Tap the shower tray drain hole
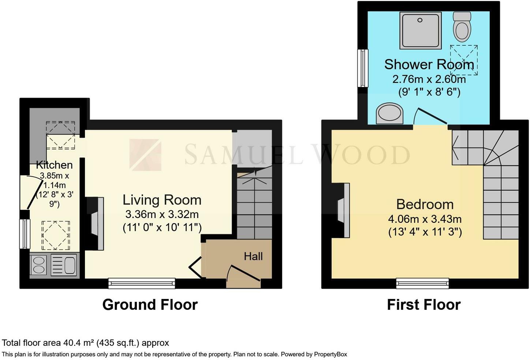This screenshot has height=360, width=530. click(420, 20)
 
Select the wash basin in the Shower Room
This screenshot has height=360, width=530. click(389, 113)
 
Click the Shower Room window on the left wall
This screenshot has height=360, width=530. click(363, 68)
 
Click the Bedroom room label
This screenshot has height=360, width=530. click(425, 205)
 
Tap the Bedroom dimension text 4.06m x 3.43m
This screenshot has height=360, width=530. click(425, 219)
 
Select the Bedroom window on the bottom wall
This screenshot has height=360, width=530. click(423, 283)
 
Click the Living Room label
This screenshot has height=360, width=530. click(162, 200)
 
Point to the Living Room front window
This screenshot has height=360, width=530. click(142, 283)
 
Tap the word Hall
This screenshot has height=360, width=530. click(253, 256)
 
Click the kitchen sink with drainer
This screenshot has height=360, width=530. click(64, 265)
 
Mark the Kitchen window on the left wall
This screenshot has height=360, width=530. click(25, 234)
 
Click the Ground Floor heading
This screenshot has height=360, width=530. click(150, 305)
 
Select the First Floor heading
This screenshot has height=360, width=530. click(424, 305)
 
